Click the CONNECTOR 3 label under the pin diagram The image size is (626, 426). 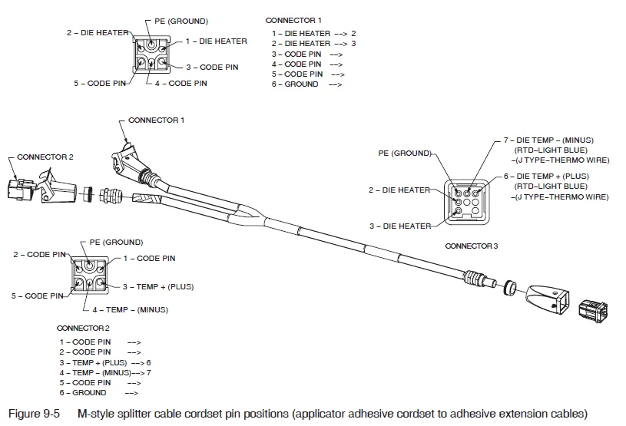coord(471,246)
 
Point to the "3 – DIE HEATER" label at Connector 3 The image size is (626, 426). coord(399,226)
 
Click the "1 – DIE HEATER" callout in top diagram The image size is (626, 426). coord(216,41)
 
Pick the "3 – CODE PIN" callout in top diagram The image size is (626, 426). coord(212,68)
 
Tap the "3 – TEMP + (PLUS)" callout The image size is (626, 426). coord(158,287)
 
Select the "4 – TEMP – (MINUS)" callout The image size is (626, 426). coord(130,310)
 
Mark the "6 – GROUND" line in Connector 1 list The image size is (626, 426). coord(295,84)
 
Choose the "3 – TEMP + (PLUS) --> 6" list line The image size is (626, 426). coord(105,362)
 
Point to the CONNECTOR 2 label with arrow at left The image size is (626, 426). coord(45,157)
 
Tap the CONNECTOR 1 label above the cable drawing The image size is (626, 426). coord(156,121)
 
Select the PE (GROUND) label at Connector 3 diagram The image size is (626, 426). coord(404,154)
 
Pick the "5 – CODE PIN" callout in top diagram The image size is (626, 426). coord(101,83)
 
